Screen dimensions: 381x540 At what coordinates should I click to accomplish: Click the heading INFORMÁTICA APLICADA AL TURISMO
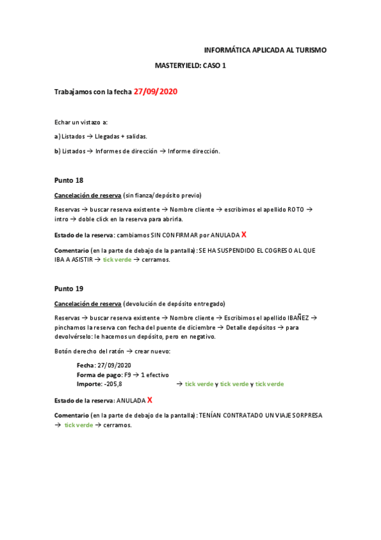pyautogui.click(x=265, y=50)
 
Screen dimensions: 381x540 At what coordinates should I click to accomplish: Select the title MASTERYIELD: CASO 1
pyautogui.click(x=190, y=66)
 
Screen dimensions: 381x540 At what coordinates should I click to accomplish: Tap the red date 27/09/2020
pyautogui.click(x=155, y=92)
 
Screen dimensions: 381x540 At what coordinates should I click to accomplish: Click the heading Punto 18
pyautogui.click(x=69, y=180)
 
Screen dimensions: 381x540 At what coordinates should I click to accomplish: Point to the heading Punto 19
pyautogui.click(x=69, y=288)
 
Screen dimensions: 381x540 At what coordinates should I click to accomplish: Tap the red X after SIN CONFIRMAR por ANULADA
pyautogui.click(x=244, y=235)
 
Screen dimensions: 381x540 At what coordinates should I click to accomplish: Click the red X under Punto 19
pyautogui.click(x=149, y=400)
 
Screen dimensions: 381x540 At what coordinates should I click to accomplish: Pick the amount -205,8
pyautogui.click(x=113, y=385)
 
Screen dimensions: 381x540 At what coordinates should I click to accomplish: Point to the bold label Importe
pyautogui.click(x=89, y=385)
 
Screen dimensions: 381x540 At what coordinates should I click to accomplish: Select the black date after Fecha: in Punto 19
pyautogui.click(x=114, y=366)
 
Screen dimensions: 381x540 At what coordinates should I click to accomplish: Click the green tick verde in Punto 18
pyautogui.click(x=117, y=260)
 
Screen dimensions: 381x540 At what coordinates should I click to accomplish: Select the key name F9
pyautogui.click(x=128, y=375)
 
